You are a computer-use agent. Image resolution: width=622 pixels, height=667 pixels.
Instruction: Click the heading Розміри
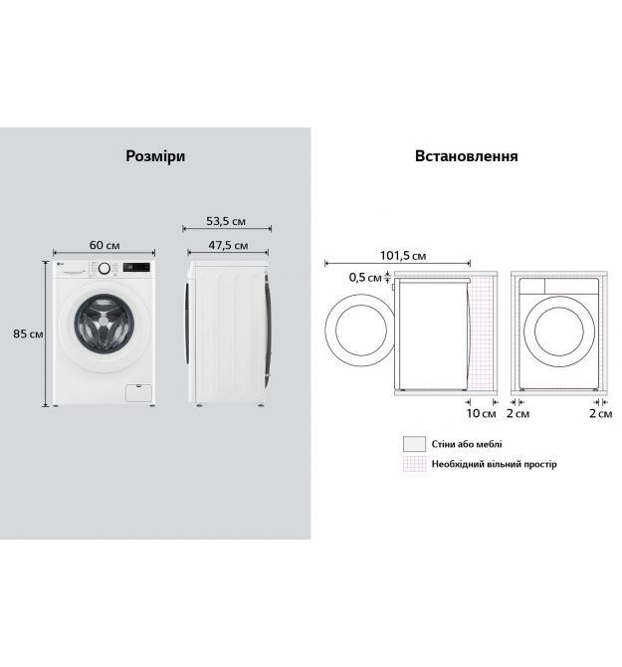[x=155, y=156]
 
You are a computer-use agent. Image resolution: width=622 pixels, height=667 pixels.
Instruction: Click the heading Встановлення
[x=466, y=155]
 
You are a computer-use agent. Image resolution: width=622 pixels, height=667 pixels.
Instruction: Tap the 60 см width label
[x=104, y=245]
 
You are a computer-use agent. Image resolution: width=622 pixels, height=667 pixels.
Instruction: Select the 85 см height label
[x=28, y=333]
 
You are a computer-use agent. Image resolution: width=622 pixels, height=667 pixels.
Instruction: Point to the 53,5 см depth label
[x=226, y=221]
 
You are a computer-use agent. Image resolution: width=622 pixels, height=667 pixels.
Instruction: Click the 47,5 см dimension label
[x=228, y=245]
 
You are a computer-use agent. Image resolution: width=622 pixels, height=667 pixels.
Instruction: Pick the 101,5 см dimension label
[x=403, y=255]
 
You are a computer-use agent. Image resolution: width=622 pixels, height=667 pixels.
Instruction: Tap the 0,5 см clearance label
[x=365, y=278]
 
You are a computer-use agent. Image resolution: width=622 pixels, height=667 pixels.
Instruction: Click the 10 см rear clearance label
[x=481, y=413]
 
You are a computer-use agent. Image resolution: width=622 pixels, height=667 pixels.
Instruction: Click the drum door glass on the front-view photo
[x=104, y=324]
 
